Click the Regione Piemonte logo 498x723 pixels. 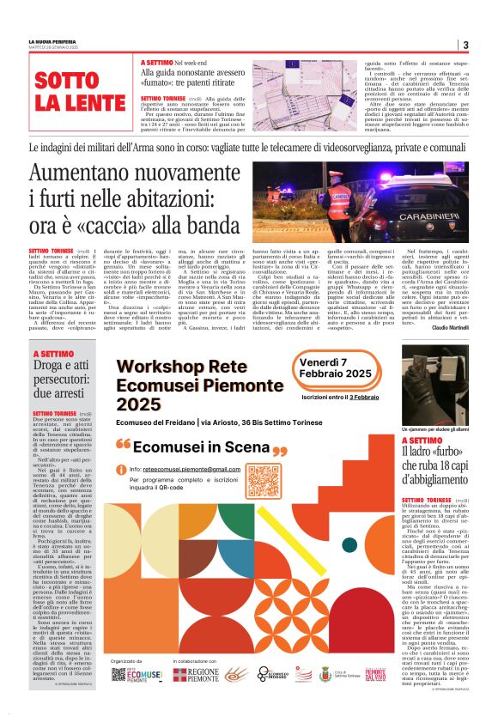point(197,676)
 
